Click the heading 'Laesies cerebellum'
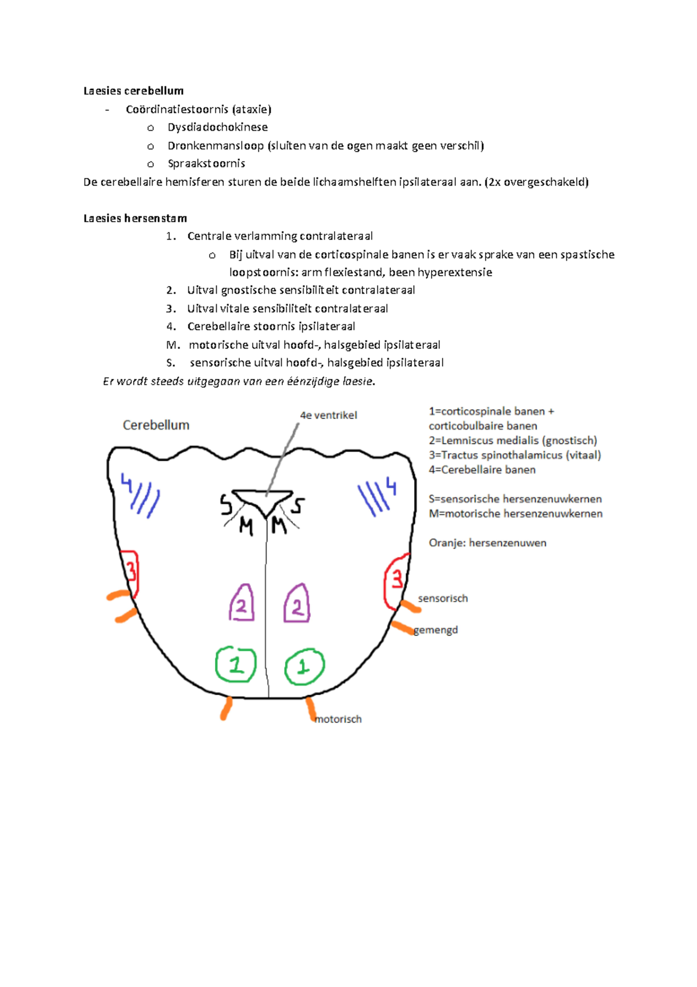point(134,91)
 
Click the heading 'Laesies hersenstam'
point(135,219)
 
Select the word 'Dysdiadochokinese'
point(218,127)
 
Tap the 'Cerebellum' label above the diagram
point(156,425)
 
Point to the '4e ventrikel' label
point(328,415)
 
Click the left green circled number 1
point(236,664)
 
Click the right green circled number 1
point(304,667)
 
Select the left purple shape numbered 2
point(241,605)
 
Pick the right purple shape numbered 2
point(297,605)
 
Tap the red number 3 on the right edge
point(397,579)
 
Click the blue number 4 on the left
point(126,482)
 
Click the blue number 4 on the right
point(391,486)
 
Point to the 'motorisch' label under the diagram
point(338,719)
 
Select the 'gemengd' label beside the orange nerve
point(436,630)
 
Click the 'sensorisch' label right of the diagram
point(443,598)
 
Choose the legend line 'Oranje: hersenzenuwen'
point(487,543)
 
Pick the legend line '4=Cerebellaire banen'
point(482,470)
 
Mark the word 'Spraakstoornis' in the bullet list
point(206,164)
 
